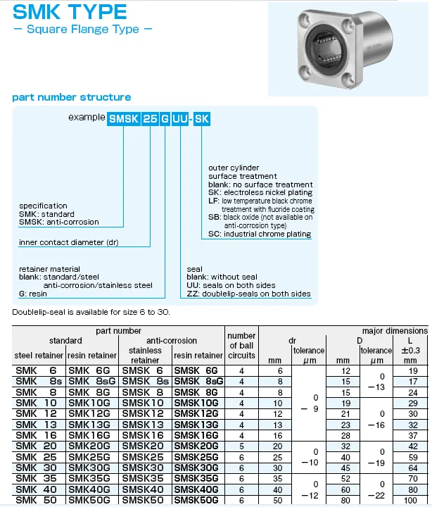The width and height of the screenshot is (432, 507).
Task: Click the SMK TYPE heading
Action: (70, 12)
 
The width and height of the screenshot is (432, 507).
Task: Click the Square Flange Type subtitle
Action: (83, 30)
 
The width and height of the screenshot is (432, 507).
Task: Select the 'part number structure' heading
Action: (71, 97)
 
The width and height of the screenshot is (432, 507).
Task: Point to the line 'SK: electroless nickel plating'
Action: (260, 193)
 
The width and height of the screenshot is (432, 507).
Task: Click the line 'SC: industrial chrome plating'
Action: (260, 234)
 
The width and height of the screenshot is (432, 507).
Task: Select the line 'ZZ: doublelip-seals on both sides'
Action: (248, 294)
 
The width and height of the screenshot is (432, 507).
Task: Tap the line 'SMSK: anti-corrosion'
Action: (59, 223)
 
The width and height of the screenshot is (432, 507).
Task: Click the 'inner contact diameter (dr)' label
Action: (69, 242)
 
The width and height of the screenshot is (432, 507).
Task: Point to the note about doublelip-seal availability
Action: (91, 311)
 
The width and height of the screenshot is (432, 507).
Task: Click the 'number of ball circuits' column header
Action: (241, 345)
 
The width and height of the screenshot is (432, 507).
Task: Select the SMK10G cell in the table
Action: (93, 403)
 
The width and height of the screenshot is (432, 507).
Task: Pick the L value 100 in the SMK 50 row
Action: (412, 499)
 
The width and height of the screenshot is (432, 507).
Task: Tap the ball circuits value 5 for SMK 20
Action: (241, 446)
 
